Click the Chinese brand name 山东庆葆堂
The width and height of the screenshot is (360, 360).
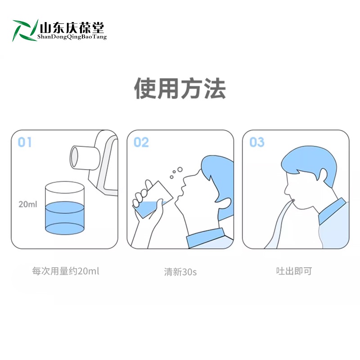(72, 27)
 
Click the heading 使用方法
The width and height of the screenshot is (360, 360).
(180, 89)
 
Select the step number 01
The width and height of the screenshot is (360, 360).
(25, 142)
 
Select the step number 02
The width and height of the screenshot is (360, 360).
(141, 142)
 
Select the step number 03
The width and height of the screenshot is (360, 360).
(257, 142)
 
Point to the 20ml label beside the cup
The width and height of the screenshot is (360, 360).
(27, 204)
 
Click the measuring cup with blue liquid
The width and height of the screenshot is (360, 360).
(65, 208)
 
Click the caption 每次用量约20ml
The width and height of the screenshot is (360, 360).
(66, 271)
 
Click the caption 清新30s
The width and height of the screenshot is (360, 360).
(180, 272)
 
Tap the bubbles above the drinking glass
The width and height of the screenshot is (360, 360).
(175, 173)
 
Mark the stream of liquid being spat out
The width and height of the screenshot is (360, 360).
(277, 225)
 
